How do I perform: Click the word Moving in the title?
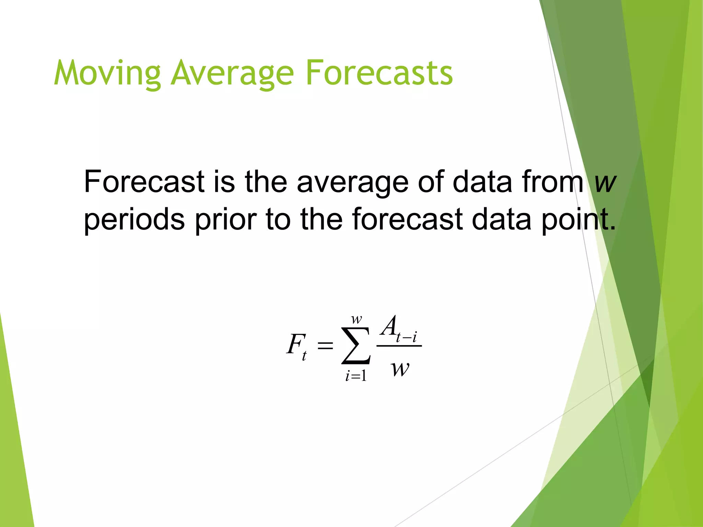[107, 73]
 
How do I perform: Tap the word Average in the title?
[232, 73]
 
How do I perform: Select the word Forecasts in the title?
[379, 73]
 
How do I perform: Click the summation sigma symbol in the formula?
[356, 346]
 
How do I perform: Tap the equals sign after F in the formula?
[325, 346]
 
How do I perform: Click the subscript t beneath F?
[304, 356]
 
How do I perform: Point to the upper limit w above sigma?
[357, 320]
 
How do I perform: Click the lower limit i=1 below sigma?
[356, 376]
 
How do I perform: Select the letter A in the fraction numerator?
[389, 326]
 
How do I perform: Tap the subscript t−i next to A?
[407, 337]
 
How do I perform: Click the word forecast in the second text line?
[407, 220]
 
